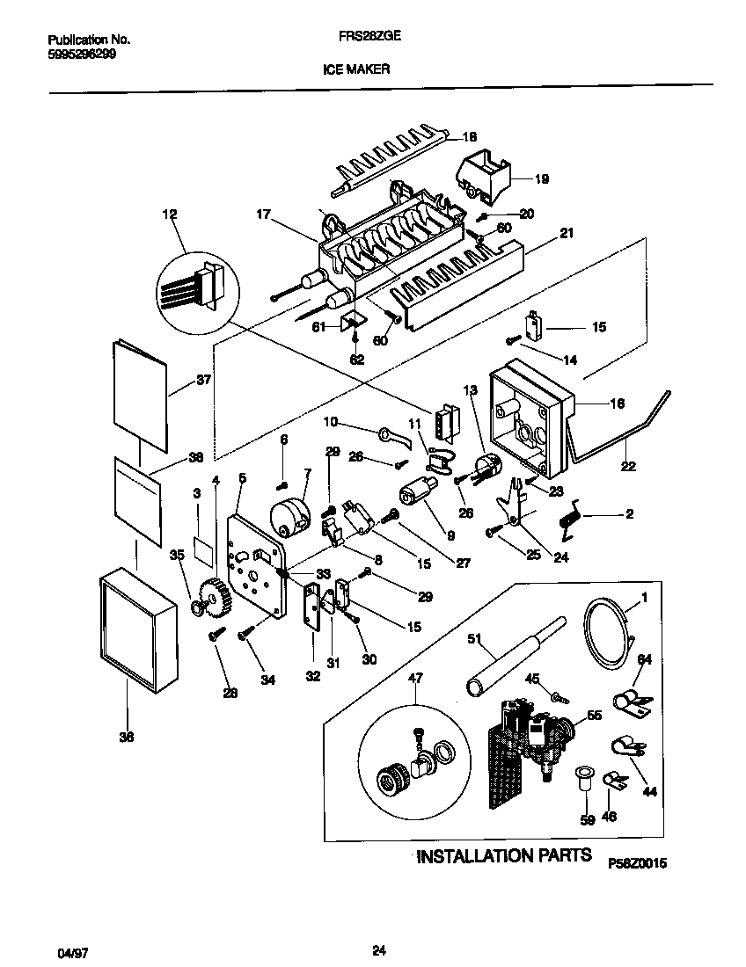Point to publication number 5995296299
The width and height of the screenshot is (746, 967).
pyautogui.click(x=80, y=53)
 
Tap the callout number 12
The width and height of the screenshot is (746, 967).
pyautogui.click(x=170, y=214)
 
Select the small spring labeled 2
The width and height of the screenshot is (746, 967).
pyautogui.click(x=567, y=516)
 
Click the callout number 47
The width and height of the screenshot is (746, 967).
pyautogui.click(x=416, y=678)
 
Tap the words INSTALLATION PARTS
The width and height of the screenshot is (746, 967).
pyautogui.click(x=503, y=855)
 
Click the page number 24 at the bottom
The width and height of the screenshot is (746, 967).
pyautogui.click(x=379, y=949)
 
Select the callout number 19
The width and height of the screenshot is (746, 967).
pyautogui.click(x=541, y=179)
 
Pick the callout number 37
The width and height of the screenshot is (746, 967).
pyautogui.click(x=204, y=381)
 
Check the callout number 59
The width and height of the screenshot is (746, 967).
pyautogui.click(x=587, y=819)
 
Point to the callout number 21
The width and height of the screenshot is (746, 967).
pyautogui.click(x=566, y=233)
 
